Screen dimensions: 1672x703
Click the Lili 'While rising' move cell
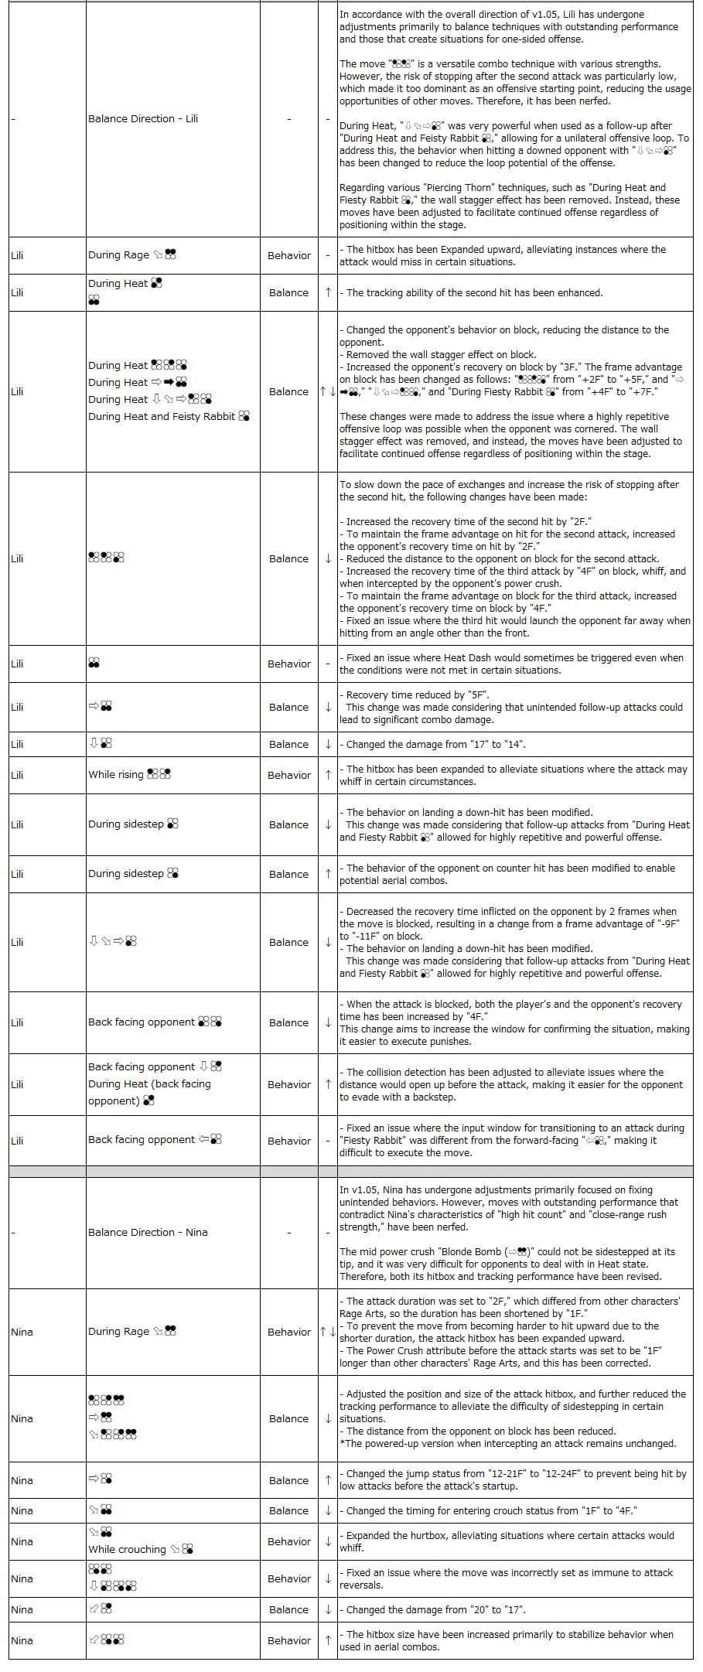(129, 774)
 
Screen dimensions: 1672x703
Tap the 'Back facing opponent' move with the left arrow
(155, 1139)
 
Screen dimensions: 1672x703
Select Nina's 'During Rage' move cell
(132, 1331)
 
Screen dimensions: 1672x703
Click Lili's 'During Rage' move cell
(132, 254)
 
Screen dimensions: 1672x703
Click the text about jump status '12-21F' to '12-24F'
(513, 1479)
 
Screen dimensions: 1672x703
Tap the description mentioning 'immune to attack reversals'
(506, 1578)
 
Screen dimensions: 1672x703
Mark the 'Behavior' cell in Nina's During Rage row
(289, 1332)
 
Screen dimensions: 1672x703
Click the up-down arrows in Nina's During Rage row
(328, 1332)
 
